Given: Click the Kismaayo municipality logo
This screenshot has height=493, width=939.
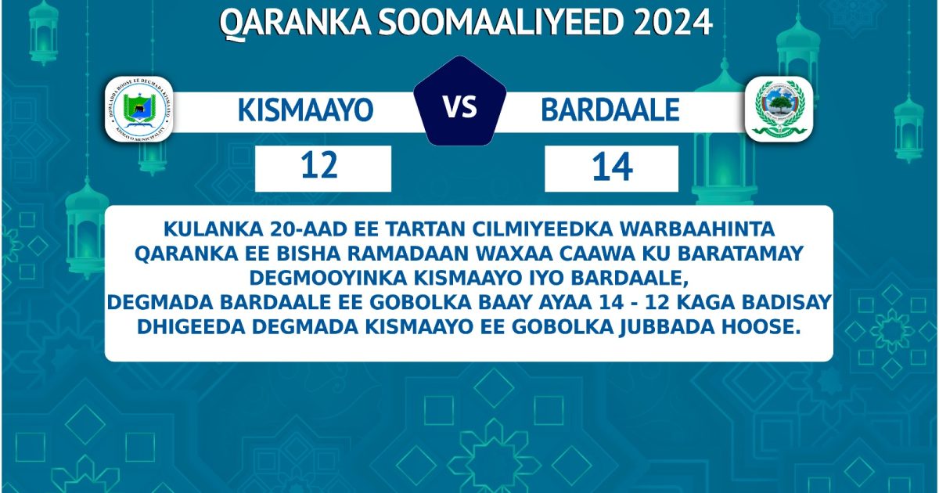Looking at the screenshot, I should (139, 110).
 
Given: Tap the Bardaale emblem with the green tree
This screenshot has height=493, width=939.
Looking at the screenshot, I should (779, 109).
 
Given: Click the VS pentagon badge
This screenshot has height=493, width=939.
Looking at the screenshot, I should (460, 106).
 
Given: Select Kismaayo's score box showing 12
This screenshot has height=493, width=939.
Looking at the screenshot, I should (322, 167).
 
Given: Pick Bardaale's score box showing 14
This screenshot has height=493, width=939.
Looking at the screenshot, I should (611, 167).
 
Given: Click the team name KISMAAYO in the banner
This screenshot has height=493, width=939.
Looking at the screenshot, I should (305, 110).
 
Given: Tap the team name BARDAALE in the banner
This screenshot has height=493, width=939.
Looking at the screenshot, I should (610, 110).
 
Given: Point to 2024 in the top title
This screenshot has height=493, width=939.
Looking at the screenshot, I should (672, 23).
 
